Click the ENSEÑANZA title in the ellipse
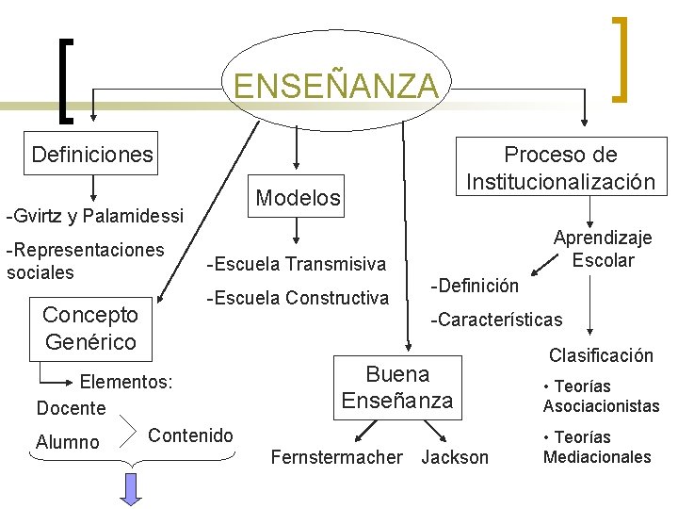336,86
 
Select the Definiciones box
92,154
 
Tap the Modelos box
298,197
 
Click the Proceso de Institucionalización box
560,168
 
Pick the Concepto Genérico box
89,327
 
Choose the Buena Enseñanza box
396,387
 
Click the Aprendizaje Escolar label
602,250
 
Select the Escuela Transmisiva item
297,264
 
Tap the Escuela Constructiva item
298,299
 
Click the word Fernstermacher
336,458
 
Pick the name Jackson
455,458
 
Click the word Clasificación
601,355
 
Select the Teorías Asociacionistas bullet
601,397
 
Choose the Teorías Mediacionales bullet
597,447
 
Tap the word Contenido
190,435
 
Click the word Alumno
67,442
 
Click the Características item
496,320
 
